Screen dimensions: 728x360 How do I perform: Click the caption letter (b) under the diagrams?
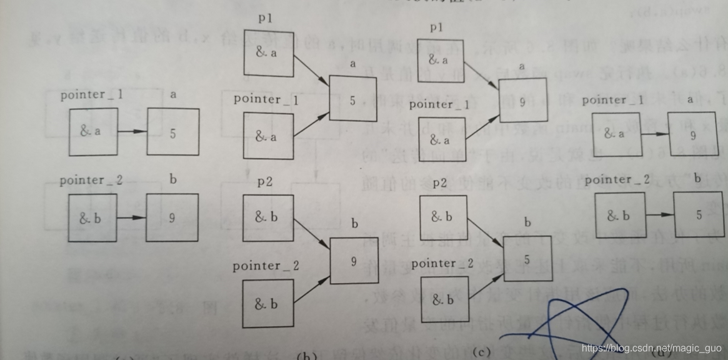pos(307,356)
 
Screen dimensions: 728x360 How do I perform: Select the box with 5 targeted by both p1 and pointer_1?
pos(352,99)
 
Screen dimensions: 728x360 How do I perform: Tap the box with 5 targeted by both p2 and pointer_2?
pos(527,257)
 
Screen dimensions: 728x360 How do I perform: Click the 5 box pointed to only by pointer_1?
pos(173,132)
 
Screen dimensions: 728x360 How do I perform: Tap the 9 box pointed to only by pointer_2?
pos(172,217)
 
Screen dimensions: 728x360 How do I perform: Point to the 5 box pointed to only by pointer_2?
pos(698,214)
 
